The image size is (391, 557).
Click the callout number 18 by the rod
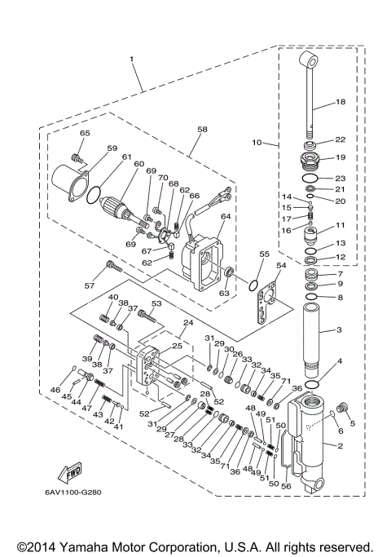pos(340,102)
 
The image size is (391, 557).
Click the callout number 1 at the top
pos(132,59)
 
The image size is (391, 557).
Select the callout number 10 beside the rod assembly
pos(257,143)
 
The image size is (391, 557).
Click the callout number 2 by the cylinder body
pos(340,445)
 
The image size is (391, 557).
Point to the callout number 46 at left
pos(55,391)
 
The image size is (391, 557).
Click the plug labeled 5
pos(342,405)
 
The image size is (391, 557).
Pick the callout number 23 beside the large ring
pos(340,177)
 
